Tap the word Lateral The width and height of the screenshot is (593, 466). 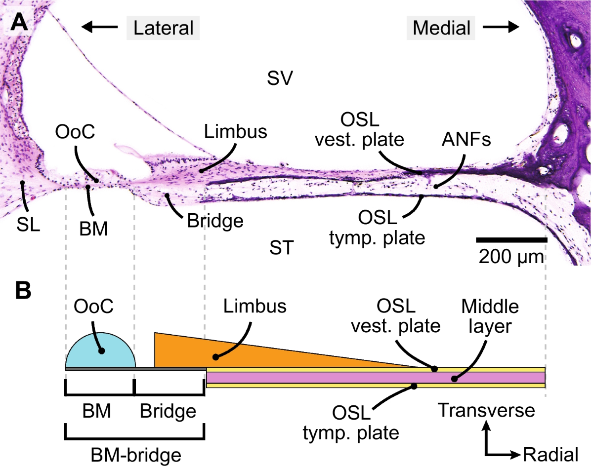(x=164, y=28)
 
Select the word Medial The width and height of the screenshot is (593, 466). (x=441, y=28)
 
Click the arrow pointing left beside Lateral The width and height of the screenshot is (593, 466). (x=99, y=27)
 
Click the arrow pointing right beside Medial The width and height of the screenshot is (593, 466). (x=501, y=27)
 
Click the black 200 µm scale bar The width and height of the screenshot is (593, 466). (x=511, y=240)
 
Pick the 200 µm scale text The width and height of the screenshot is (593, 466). (x=511, y=257)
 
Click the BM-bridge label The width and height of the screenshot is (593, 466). (x=134, y=453)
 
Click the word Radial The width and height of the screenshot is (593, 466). (x=551, y=453)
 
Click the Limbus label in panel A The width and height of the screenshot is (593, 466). (x=236, y=131)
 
